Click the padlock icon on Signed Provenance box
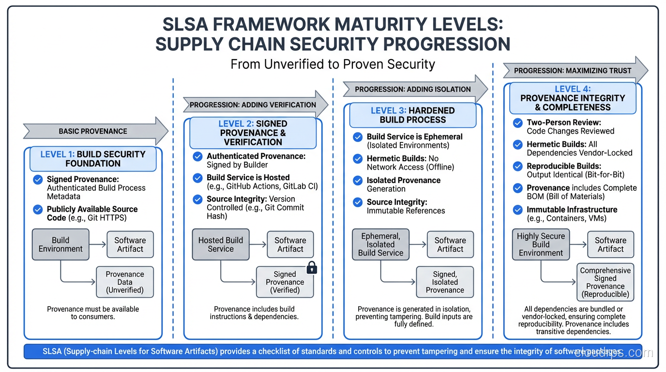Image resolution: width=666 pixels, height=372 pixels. tap(312, 268)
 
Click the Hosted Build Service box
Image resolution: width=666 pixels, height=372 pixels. tap(221, 245)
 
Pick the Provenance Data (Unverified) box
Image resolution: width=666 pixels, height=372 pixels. tap(125, 282)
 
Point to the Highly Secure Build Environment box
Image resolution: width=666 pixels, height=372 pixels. tap(541, 245)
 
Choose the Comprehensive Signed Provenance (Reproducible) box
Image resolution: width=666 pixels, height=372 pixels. tap(605, 282)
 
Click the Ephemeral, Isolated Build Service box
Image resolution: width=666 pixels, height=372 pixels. tap(380, 245)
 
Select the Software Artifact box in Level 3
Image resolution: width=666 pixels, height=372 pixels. tap(450, 245)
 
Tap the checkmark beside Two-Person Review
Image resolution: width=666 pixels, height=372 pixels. tap(518, 123)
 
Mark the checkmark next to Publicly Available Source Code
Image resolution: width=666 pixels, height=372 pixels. tap(38, 209)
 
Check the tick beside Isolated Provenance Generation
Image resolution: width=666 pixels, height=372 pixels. tap(358, 181)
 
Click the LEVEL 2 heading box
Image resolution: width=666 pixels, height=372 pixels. tap(253, 133)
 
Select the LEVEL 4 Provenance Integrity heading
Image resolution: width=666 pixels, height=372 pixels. tap(573, 98)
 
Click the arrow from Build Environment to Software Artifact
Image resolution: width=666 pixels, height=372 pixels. tap(98, 245)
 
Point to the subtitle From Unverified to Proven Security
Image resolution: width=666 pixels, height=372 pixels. tap(333, 64)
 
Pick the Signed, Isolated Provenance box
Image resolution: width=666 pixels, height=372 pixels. tap(445, 282)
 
